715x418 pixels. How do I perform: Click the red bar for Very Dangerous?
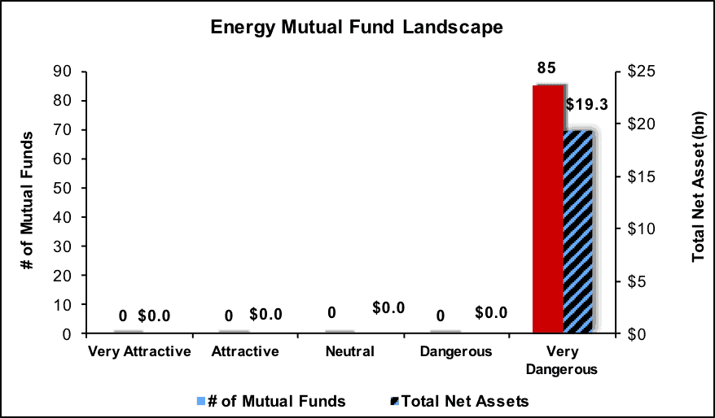pos(548,209)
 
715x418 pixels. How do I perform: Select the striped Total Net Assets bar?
pos(578,233)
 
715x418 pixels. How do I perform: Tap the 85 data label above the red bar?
pos(546,68)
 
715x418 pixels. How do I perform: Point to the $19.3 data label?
pos(587,105)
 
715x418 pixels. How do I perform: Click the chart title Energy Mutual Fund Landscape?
pos(357,28)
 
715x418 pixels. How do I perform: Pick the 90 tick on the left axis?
pos(63,72)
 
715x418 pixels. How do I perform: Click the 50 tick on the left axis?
pos(63,188)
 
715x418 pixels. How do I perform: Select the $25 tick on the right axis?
pos(641,72)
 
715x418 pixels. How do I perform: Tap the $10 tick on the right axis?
pos(641,229)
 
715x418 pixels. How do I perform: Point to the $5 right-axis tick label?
pos(637,281)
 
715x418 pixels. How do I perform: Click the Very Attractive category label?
pos(139,351)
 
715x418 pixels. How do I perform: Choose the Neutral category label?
pos(349,351)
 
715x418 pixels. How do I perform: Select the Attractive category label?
pos(245,351)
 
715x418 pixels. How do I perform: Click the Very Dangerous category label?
pos(562,360)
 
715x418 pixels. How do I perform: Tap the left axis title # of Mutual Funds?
pos(28,200)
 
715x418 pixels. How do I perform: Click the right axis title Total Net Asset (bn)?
pos(699,187)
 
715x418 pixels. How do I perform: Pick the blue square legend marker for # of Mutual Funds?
pos(201,401)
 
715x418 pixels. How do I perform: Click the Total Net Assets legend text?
pos(465,401)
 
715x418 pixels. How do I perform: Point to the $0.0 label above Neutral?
pos(388,308)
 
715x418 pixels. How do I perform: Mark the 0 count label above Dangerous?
pos(440,316)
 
